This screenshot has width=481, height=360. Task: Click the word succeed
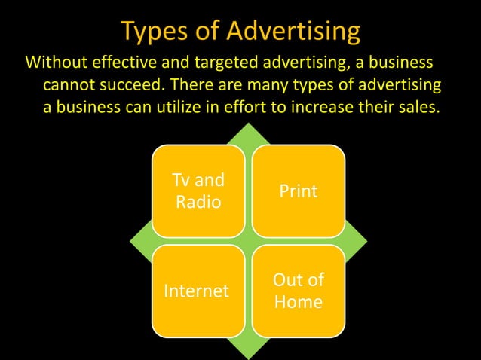[x=148, y=83]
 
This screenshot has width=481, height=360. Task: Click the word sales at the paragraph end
[x=416, y=105]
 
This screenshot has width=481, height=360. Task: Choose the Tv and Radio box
[x=198, y=191]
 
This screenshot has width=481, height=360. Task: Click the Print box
[x=299, y=191]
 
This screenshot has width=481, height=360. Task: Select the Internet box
[x=198, y=290]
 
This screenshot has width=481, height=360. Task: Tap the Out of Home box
[x=299, y=290]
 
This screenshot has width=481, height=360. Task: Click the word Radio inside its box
[x=198, y=202]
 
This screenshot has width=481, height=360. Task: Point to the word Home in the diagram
[x=299, y=302]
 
